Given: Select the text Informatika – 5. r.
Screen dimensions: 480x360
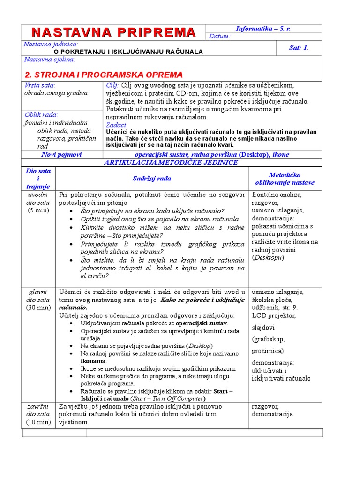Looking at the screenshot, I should point(263,29).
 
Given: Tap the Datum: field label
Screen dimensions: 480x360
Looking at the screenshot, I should point(220,37).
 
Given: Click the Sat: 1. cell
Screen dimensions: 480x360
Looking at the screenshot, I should point(299,48).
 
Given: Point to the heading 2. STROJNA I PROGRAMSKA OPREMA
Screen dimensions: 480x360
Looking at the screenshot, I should point(104,75).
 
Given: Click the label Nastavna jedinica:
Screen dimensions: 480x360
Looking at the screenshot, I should point(51,44).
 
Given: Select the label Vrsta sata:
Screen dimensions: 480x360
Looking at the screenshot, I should point(40,85).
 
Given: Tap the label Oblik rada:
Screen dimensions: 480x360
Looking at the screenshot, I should point(41,114).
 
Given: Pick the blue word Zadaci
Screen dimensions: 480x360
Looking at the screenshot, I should point(116,125).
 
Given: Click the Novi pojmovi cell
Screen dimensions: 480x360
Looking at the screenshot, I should point(61,154).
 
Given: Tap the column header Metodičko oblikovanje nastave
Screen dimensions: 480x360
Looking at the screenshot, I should point(285,179).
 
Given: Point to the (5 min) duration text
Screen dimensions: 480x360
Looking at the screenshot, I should point(38,210).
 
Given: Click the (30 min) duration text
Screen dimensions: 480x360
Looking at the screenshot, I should point(38,307).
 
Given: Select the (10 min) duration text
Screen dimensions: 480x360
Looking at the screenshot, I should point(38,422).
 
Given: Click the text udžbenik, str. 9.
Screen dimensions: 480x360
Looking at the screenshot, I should point(274,307).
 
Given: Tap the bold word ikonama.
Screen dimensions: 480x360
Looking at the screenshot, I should point(93,361).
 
